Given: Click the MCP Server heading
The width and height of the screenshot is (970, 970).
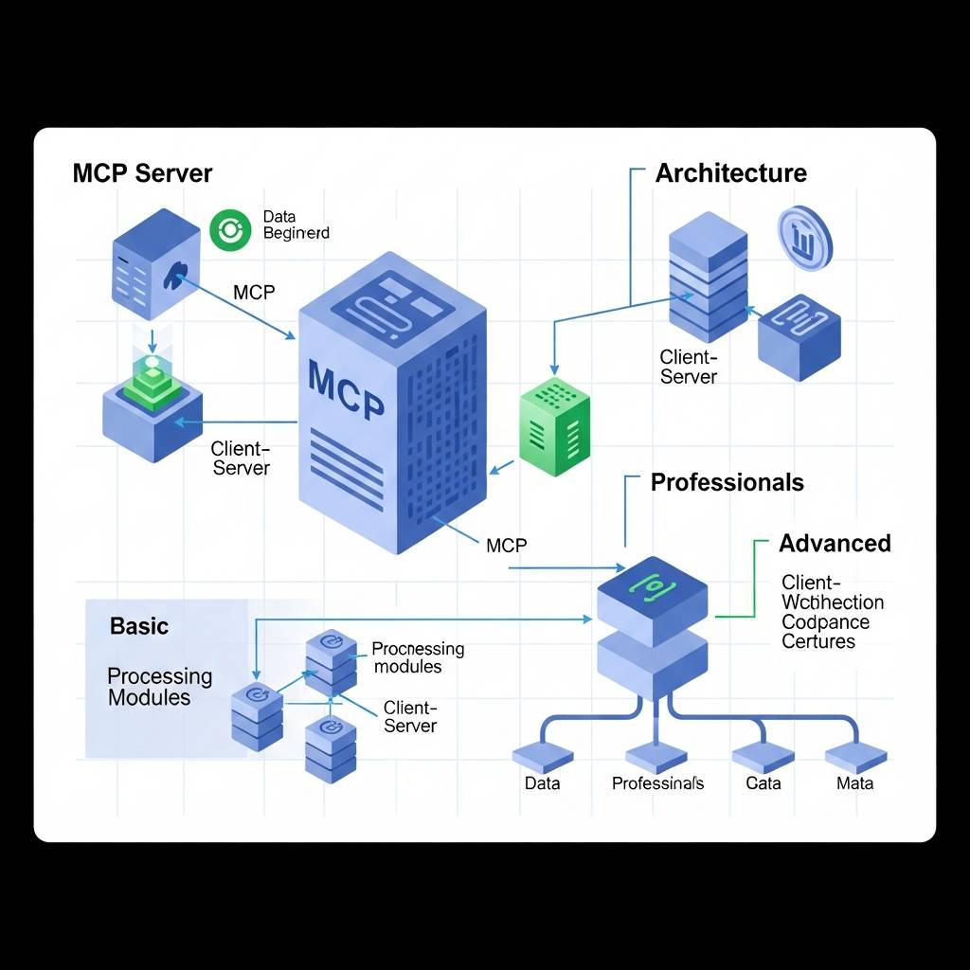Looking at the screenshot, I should click(x=142, y=174).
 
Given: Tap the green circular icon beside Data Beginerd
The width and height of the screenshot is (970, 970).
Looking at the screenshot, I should click(x=229, y=230).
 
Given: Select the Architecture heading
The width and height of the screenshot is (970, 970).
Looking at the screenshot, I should click(x=730, y=173).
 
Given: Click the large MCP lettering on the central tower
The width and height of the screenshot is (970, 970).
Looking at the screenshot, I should click(x=347, y=389).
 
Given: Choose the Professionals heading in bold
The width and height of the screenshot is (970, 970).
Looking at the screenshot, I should click(x=727, y=482).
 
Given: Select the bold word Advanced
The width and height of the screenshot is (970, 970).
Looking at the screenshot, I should click(x=835, y=544).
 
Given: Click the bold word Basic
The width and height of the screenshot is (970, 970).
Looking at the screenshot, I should click(x=139, y=626).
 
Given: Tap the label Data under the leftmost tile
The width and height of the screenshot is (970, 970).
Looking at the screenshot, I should click(x=542, y=783).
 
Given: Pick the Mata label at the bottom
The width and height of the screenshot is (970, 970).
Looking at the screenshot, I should click(x=854, y=783).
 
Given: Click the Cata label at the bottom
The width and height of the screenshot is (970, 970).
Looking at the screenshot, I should click(x=763, y=783).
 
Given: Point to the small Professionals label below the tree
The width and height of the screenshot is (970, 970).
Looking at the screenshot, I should click(x=657, y=783).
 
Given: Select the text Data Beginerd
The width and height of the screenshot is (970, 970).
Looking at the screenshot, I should click(x=296, y=225).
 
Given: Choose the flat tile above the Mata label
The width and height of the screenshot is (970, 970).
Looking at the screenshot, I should click(x=855, y=755).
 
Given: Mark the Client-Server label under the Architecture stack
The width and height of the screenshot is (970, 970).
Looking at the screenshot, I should click(x=689, y=368).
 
